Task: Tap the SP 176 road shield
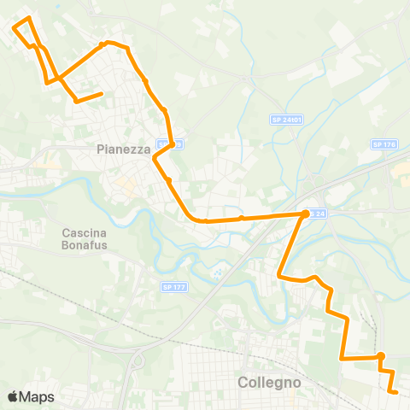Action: (384, 145)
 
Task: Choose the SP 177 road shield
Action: (173, 287)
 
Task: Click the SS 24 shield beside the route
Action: (317, 213)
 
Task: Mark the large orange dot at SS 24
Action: (305, 214)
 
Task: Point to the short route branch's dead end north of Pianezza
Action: (102, 94)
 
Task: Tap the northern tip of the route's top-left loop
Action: (28, 18)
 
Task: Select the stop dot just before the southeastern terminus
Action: (381, 356)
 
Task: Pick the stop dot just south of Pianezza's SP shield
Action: (169, 180)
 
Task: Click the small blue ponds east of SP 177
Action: (218, 273)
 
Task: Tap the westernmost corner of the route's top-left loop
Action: (14, 26)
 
